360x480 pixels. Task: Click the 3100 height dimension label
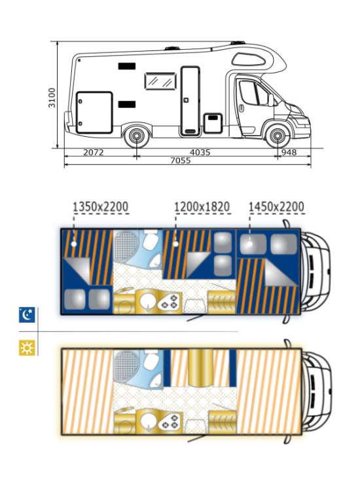point(52,98)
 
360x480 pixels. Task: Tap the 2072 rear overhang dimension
point(94,152)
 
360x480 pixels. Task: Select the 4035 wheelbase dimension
point(200,152)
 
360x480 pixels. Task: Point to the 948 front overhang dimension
point(289,152)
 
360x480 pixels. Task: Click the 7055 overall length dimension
point(181,160)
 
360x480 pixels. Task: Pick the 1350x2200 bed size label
point(101,207)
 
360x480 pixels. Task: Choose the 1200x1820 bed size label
point(202,207)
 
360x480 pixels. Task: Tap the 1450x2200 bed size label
point(276,207)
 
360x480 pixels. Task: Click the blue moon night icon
point(27,315)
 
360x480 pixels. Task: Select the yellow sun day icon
point(27,348)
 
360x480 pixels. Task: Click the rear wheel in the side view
point(136,136)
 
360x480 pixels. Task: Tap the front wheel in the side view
point(278,136)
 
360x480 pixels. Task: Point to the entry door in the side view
point(190,101)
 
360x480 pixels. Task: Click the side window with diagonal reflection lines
point(160,81)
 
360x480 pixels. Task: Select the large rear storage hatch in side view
point(94,113)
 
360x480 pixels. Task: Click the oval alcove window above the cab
point(248,59)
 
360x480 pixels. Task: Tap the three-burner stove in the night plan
point(170,302)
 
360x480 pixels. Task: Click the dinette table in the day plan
point(200,367)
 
